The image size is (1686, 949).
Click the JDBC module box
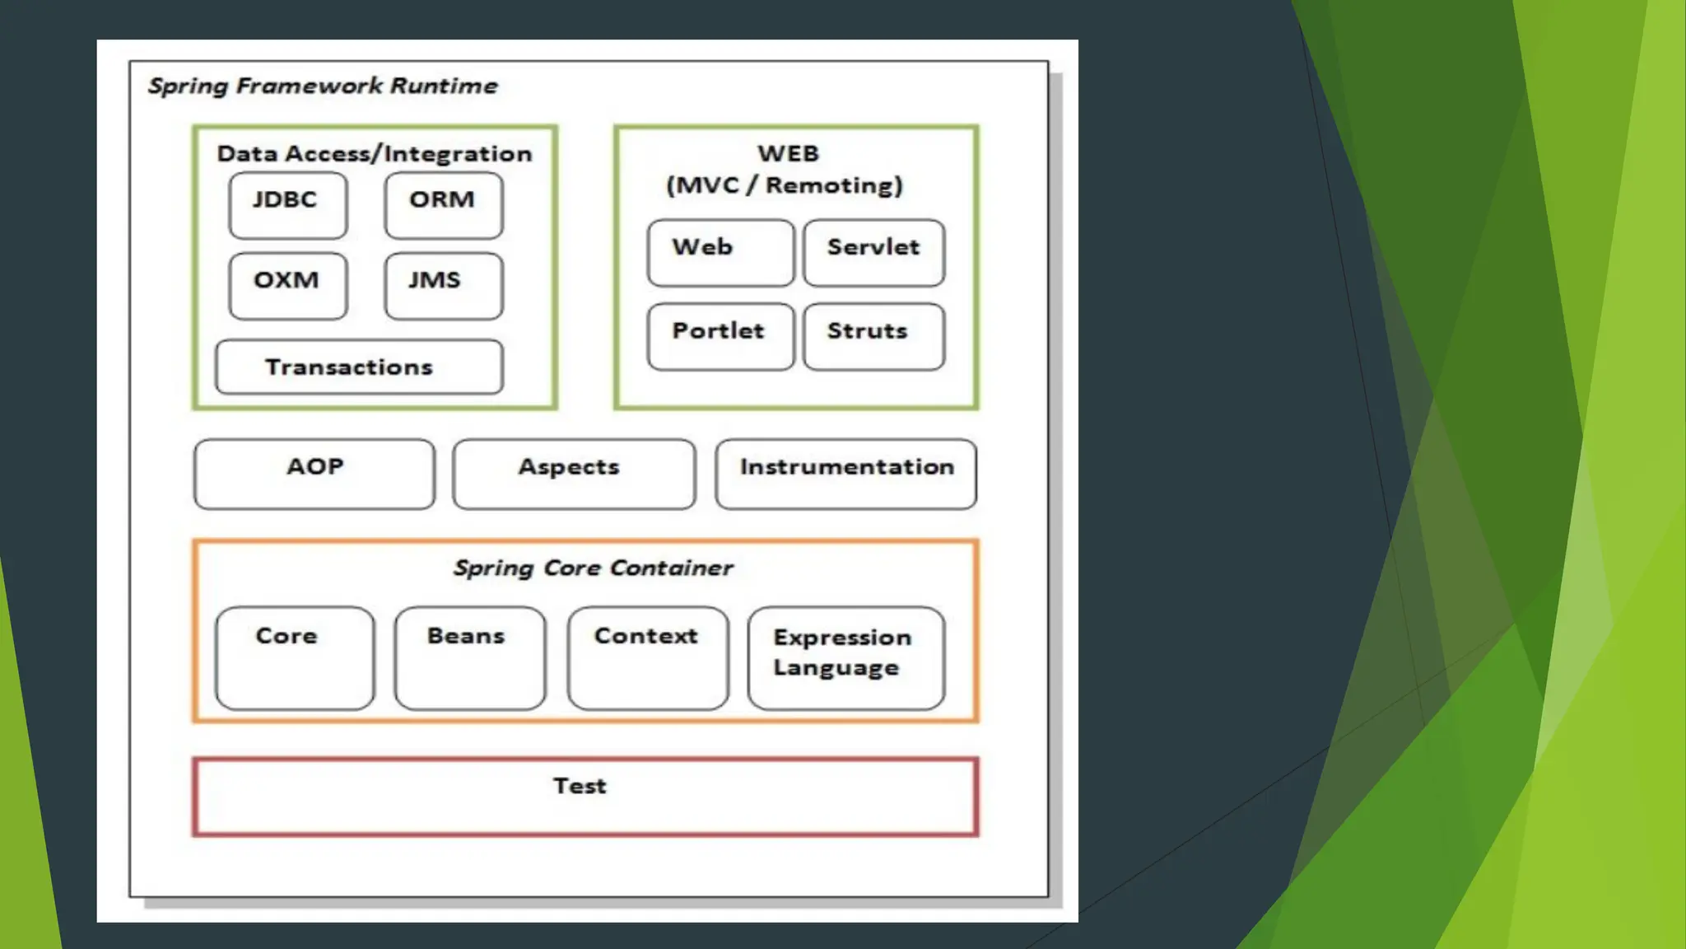288,205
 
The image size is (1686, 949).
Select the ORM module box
444,205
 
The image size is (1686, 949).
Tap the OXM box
288,286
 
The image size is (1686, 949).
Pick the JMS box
444,286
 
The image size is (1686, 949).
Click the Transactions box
359,367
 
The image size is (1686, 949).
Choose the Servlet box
874,253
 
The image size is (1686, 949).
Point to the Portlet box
721,337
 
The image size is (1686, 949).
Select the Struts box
874,337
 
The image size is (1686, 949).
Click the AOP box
314,474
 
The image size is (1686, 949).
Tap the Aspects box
574,474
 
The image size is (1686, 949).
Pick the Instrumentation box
846,474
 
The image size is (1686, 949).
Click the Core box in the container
295,658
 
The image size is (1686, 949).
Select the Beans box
470,658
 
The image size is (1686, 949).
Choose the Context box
648,658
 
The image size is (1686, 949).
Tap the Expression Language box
846,658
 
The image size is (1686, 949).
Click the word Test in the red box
580,786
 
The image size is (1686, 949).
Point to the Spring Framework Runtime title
323,86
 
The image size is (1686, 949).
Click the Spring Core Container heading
593,568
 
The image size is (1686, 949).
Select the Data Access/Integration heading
375,154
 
